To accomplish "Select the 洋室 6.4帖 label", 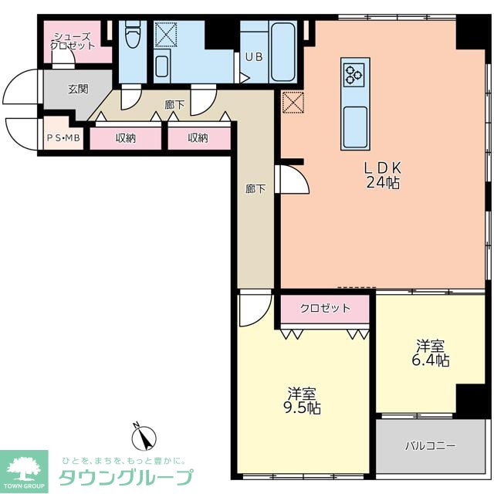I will point(431,353).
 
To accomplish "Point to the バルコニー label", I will point(431,446).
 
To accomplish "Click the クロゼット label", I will point(325,308).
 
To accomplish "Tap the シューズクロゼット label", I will point(73,40).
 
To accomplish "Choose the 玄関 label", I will point(77,89).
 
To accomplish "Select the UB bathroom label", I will point(254,56).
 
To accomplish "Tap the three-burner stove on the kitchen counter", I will point(354,75).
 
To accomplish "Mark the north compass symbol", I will point(143,438).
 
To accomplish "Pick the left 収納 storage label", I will point(126,138).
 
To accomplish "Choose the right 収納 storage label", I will point(198,138).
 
